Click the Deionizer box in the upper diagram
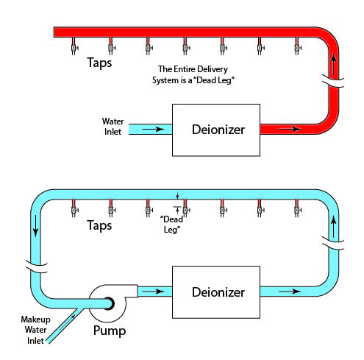click(x=215, y=130)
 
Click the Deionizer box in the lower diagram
click(x=215, y=292)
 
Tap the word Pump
click(x=110, y=331)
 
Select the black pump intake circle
click(x=109, y=303)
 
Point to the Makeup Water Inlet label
click(x=35, y=330)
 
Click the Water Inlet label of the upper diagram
click(x=113, y=127)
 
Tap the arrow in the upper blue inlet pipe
click(x=153, y=129)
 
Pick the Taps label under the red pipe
click(x=99, y=63)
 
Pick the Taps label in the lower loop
click(x=99, y=225)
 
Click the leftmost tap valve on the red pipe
click(x=74, y=47)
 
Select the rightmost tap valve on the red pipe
click(x=297, y=47)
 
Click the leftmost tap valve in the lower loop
click(x=74, y=210)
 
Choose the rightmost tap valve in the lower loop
click(x=297, y=210)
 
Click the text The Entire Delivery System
click(x=193, y=74)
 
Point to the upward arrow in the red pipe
click(x=333, y=64)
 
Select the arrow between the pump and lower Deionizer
click(x=153, y=292)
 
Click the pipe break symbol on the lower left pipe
click(x=37, y=267)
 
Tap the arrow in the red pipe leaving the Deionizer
click(x=290, y=129)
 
